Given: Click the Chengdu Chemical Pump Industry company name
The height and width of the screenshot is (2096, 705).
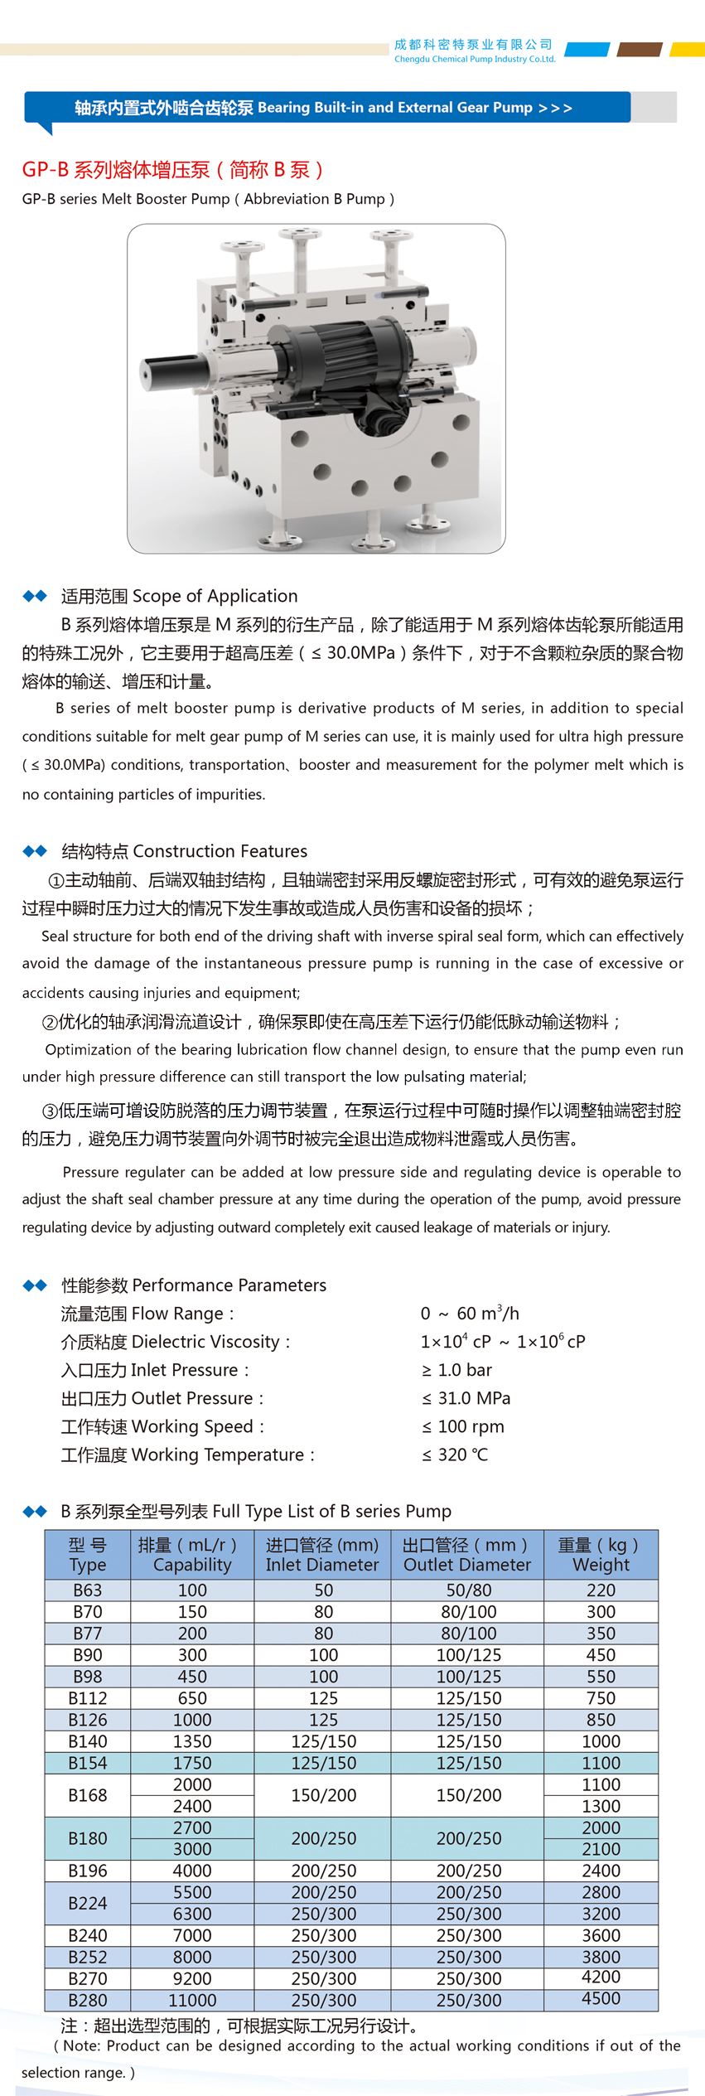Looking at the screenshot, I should (x=474, y=51).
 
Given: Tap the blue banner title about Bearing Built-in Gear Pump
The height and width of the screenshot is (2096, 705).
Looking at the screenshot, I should (x=323, y=108).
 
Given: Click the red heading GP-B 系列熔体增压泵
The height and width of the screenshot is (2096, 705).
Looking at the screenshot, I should (x=173, y=170).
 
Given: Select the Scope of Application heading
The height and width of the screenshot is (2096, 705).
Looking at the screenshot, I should (x=179, y=596).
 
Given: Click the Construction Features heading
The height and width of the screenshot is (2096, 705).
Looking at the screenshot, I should (x=184, y=851).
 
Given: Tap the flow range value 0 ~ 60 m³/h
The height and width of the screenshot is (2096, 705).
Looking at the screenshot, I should (x=470, y=1314).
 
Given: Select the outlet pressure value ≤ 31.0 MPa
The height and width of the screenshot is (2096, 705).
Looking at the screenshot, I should (x=466, y=1398).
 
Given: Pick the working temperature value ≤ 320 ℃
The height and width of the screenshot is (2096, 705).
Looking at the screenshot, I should (x=455, y=1455).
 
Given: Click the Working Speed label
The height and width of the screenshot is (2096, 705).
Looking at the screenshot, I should (x=162, y=1426).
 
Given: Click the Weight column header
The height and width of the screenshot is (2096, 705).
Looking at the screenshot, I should (x=601, y=1554).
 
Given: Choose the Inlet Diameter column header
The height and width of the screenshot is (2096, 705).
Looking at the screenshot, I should (x=322, y=1554).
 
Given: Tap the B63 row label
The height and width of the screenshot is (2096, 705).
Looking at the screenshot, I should (x=88, y=1590).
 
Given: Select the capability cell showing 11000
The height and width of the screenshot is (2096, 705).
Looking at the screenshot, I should (x=192, y=2000).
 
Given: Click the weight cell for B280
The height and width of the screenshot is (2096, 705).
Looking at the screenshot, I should (x=601, y=1998).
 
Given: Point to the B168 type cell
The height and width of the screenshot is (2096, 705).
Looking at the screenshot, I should (x=88, y=1795).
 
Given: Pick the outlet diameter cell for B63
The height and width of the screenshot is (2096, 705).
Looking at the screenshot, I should (x=468, y=1590).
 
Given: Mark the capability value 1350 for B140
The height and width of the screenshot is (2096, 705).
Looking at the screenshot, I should (x=192, y=1741).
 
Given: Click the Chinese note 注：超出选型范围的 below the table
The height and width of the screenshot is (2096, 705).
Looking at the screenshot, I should (x=239, y=2026).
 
